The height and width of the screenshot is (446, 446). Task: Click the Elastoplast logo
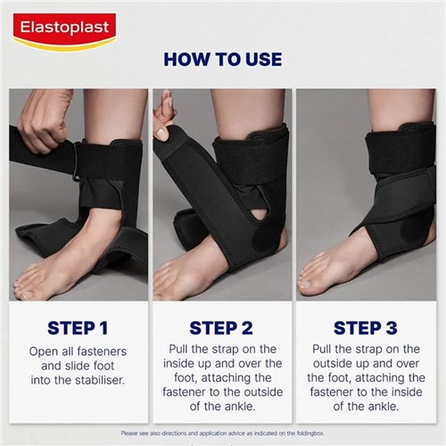(63, 29)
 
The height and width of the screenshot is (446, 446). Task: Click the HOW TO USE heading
(223, 61)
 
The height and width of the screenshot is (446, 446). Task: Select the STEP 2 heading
(223, 327)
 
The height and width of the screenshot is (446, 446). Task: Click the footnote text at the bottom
(223, 434)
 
